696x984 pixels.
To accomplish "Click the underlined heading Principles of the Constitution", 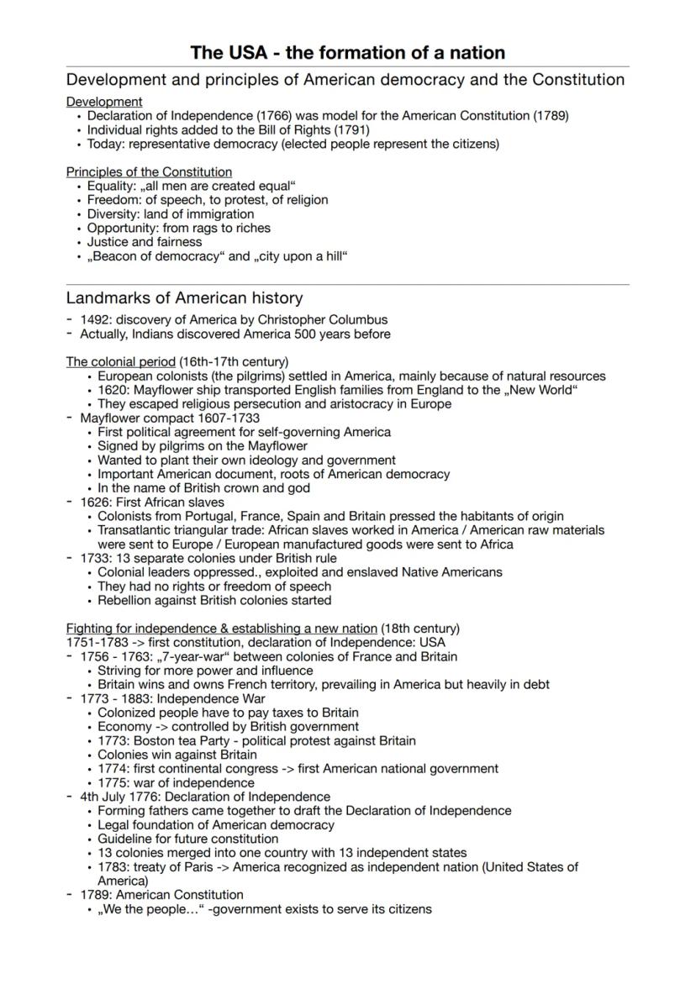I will click(149, 172).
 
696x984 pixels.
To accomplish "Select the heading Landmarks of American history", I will click(184, 298).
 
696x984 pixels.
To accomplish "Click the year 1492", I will click(94, 320).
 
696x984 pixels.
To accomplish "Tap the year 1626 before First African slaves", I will click(94, 503).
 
